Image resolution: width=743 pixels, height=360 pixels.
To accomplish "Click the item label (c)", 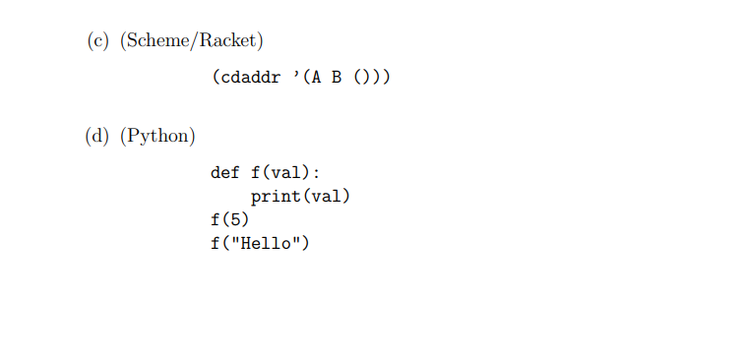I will click(x=97, y=40).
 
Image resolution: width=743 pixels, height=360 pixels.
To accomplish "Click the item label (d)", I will click(x=97, y=136).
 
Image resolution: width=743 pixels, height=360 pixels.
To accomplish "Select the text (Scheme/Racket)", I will click(x=192, y=40).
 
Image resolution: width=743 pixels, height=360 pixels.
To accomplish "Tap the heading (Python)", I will click(x=157, y=136).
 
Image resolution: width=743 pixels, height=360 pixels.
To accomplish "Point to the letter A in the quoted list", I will click(x=316, y=76).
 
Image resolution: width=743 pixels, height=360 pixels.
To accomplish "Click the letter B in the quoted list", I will click(x=337, y=76).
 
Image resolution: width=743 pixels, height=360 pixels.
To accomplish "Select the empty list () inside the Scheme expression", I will click(x=361, y=76).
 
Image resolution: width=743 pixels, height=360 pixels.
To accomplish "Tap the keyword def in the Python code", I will click(x=225, y=173).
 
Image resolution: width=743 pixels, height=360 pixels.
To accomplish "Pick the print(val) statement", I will click(x=300, y=197).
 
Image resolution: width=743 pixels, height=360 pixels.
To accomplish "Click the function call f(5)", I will click(x=230, y=220).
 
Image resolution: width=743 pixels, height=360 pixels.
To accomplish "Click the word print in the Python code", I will click(x=276, y=197).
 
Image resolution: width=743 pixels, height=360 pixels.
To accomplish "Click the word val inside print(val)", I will click(x=326, y=197).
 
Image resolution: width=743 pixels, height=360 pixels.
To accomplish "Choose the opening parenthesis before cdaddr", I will click(x=216, y=76).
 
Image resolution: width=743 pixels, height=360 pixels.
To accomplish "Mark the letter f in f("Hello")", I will click(x=216, y=244).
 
